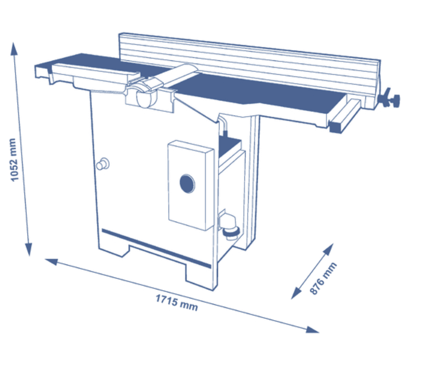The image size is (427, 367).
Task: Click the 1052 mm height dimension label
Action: [14, 160]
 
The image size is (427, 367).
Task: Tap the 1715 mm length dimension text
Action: [177, 302]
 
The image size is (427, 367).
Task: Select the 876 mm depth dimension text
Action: [323, 279]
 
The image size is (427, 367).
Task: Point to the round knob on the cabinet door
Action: [102, 164]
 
